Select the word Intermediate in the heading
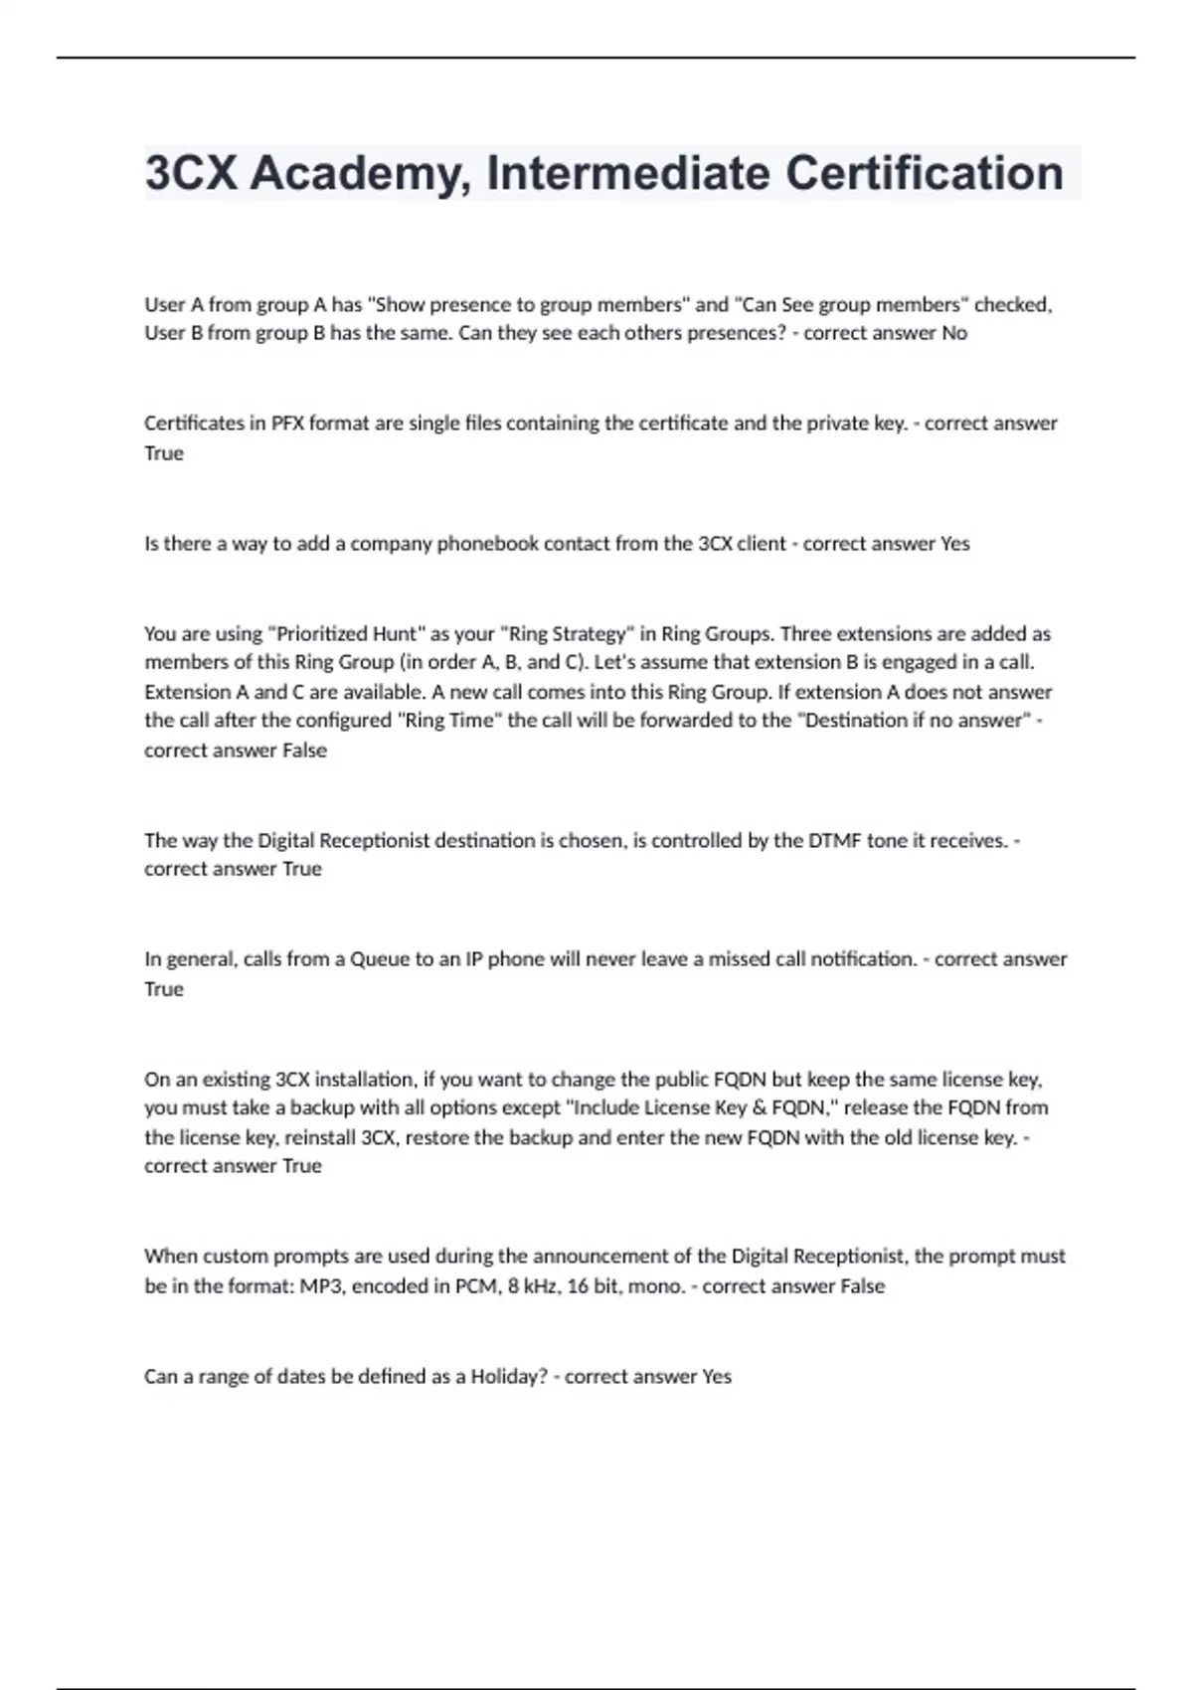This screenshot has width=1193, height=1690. pos(628,173)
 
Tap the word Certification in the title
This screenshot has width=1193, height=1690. pos(925,173)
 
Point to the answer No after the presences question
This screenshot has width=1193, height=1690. pos(954,333)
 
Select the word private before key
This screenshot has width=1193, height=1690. pos(838,423)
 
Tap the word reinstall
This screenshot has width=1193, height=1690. pos(321,1137)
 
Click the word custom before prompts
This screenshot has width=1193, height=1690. pos(236,1257)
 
